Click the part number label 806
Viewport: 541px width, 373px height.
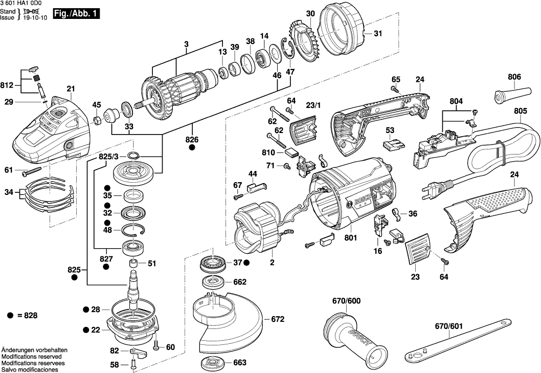point(514,77)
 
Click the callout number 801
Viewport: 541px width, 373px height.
point(351,237)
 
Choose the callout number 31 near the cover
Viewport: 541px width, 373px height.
point(377,34)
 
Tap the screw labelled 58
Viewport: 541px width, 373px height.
point(132,365)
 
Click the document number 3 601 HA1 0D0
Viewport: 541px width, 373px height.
point(21,4)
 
